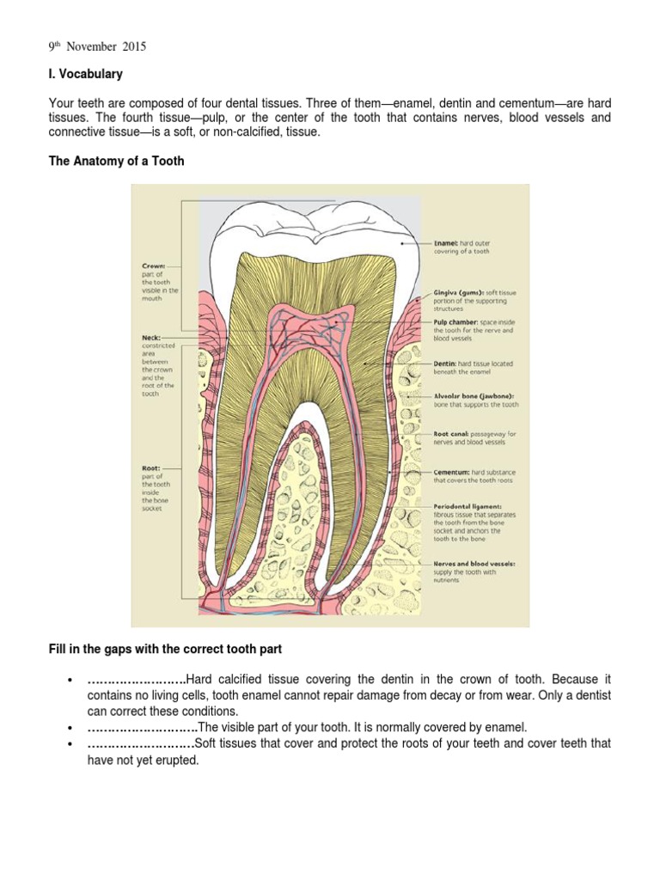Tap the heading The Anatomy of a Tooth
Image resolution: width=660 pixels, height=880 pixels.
(x=116, y=161)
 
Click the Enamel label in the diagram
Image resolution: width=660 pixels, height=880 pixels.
(x=450, y=244)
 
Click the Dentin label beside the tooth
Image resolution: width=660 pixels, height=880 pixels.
(x=448, y=364)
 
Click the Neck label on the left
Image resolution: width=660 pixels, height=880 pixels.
(x=150, y=339)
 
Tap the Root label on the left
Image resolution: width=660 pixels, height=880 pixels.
(x=151, y=468)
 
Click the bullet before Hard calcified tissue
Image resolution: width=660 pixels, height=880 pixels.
(x=66, y=681)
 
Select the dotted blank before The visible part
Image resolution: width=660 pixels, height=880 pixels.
(x=142, y=727)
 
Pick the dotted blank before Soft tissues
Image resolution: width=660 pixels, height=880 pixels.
(x=140, y=743)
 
